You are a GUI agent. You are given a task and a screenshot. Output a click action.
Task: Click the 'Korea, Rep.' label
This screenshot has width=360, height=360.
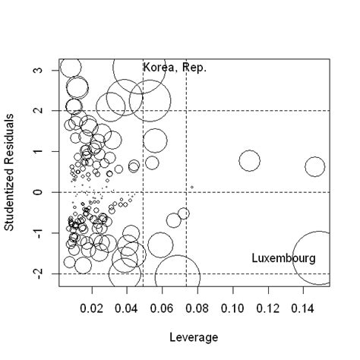[175, 68]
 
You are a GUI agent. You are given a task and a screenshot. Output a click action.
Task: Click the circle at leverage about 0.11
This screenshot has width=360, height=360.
[250, 160]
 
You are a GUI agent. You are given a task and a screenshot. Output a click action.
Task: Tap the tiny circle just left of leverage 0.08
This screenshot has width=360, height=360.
[192, 187]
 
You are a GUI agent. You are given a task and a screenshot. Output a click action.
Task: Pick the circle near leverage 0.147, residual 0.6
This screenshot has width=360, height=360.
[314, 166]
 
